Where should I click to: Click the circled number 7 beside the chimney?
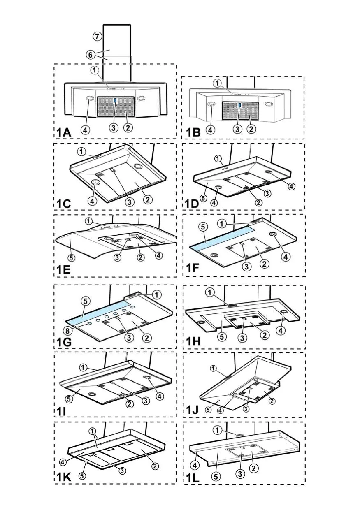pos(97,36)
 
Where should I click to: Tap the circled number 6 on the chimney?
pos(91,55)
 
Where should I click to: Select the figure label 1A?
pos(64,132)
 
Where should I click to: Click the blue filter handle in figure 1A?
pos(115,100)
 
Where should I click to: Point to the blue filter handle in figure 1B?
pos(240,105)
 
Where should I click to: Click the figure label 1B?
pos(193,132)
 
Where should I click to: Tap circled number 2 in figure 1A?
pos(128,128)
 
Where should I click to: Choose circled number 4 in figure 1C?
pos(92,201)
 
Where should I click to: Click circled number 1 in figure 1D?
pos(218,158)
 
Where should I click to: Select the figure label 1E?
pos(63,270)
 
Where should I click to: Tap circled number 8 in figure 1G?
pos(67,330)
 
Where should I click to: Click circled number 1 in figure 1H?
pos(210,292)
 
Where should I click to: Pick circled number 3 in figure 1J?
pos(246,409)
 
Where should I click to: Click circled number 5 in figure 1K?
pos(82,475)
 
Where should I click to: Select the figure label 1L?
pos(193,478)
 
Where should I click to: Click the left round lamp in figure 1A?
pos(90,99)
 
